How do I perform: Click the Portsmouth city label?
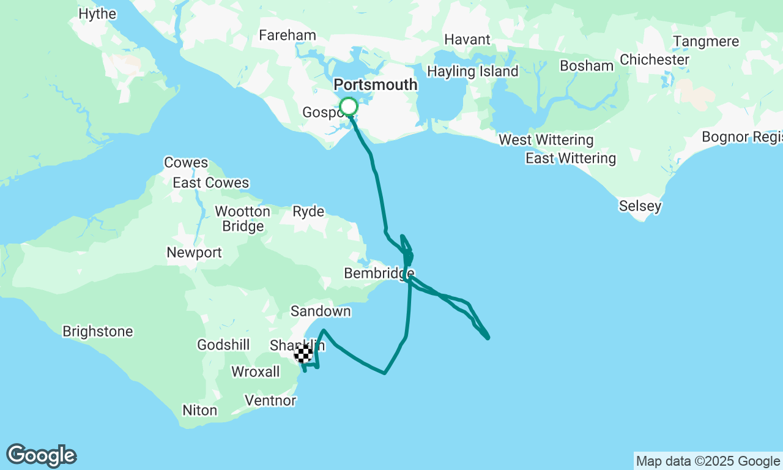click(x=376, y=84)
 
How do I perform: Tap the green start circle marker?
click(x=349, y=107)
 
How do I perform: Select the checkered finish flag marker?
click(x=303, y=353)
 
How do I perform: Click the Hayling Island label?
click(x=472, y=71)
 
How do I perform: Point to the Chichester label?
click(x=655, y=60)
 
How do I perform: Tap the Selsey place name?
click(x=640, y=206)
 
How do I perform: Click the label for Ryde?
click(x=308, y=212)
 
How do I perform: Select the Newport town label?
click(x=194, y=252)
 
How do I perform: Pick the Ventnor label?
click(x=270, y=401)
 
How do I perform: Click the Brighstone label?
click(x=98, y=332)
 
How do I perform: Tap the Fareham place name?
click(x=288, y=35)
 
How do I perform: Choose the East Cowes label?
click(x=211, y=182)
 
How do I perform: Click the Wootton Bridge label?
click(x=243, y=218)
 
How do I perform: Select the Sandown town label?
click(x=321, y=311)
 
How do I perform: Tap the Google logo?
click(x=41, y=456)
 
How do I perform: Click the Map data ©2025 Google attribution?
click(x=708, y=461)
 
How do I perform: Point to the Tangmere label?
click(x=706, y=42)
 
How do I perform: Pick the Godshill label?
click(x=223, y=345)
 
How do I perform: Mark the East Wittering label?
click(x=571, y=159)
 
